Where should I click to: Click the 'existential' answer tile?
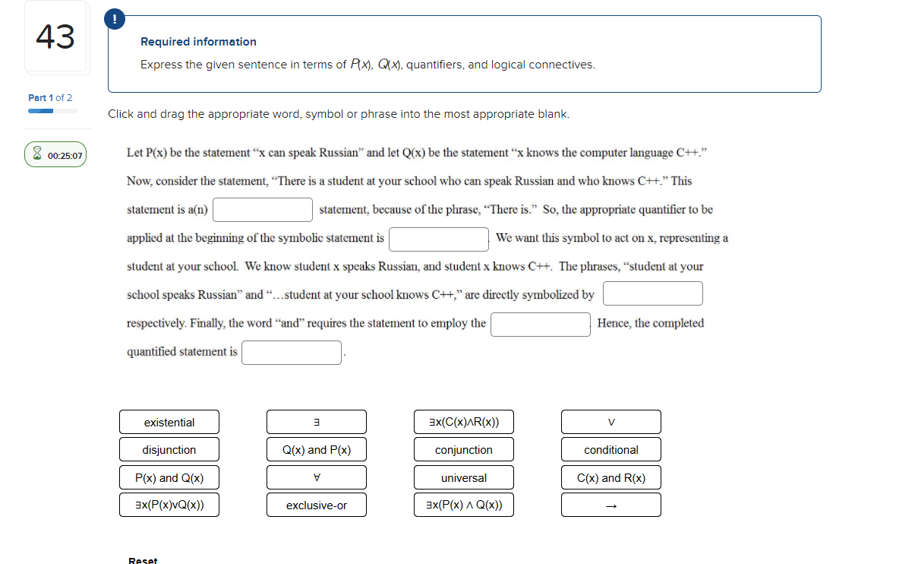(x=169, y=422)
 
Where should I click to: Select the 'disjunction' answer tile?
(x=169, y=449)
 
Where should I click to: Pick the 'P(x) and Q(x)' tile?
(x=169, y=477)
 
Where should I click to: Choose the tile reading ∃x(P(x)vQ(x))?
(x=169, y=505)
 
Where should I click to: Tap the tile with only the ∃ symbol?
(x=316, y=422)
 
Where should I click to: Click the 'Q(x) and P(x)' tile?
(x=316, y=449)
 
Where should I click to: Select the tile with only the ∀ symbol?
(x=316, y=477)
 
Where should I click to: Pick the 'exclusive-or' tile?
(x=316, y=505)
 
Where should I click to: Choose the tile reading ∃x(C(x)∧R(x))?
(x=463, y=422)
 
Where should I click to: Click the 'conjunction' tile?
(x=463, y=449)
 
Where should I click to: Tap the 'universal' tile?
(x=463, y=477)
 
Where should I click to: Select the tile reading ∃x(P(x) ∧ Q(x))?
(x=463, y=505)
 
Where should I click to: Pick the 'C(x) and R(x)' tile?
(x=610, y=477)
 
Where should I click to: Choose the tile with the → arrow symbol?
(x=610, y=505)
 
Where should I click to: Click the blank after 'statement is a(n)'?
(x=263, y=210)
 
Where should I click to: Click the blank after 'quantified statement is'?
(x=292, y=353)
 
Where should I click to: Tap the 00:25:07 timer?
(x=56, y=155)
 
